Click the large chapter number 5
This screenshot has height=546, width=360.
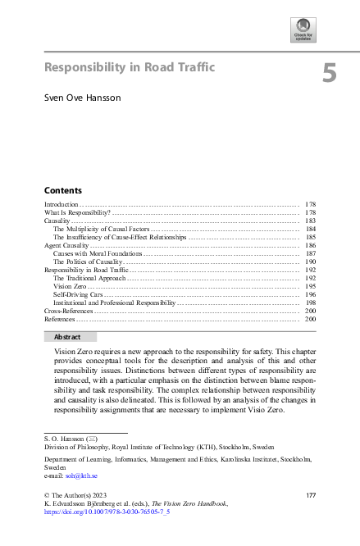click(329, 74)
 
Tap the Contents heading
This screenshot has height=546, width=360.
click(62, 189)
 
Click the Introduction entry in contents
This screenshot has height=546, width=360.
click(62, 203)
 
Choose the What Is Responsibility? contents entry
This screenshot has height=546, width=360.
click(77, 212)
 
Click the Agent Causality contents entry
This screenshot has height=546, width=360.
click(66, 245)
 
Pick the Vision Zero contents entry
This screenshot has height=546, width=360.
click(70, 286)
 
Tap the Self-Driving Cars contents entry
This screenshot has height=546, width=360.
click(78, 294)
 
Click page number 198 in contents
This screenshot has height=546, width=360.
click(311, 303)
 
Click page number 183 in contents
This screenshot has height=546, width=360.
click(311, 221)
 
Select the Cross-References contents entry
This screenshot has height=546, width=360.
click(68, 311)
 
